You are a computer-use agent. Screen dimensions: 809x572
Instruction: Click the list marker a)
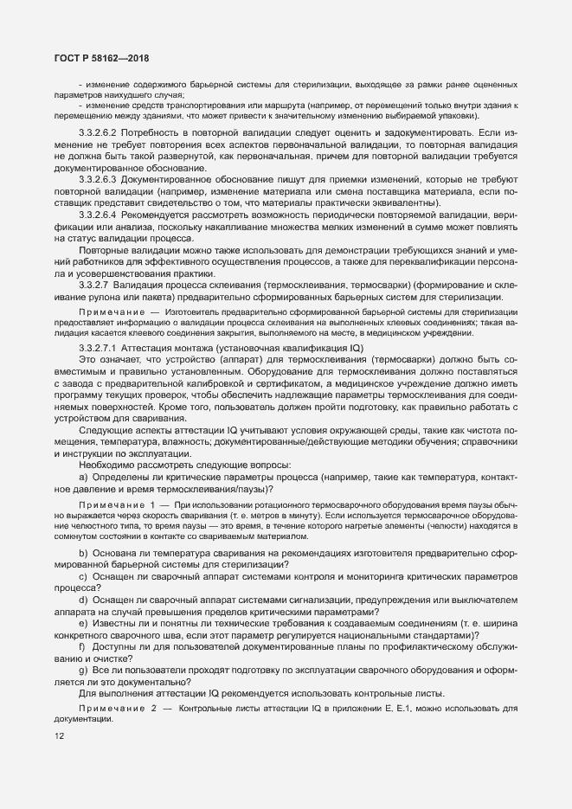coord(83,478)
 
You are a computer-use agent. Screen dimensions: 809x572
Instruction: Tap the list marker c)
coord(83,576)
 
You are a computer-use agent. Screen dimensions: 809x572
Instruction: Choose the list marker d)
coord(83,600)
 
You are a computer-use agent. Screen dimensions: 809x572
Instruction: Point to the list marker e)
coord(83,623)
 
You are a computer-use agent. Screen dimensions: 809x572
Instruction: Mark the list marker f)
coord(83,646)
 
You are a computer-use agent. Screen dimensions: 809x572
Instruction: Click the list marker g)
coord(83,671)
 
